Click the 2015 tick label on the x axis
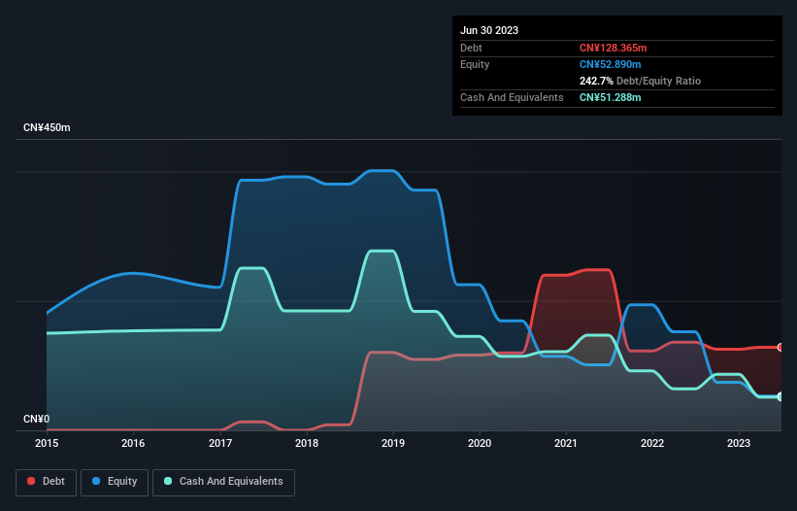pyautogui.click(x=47, y=443)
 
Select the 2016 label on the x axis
pyautogui.click(x=133, y=443)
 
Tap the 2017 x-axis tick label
pyautogui.click(x=220, y=443)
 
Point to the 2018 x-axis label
pyautogui.click(x=307, y=443)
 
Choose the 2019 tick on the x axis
pyautogui.click(x=393, y=443)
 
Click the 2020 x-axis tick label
pyautogui.click(x=480, y=443)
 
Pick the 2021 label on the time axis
pyautogui.click(x=567, y=443)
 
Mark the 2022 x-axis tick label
pyautogui.click(x=653, y=443)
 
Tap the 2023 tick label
pyautogui.click(x=740, y=443)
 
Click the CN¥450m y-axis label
pyautogui.click(x=47, y=128)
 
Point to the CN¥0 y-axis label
pyautogui.click(x=36, y=420)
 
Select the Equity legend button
pyautogui.click(x=115, y=482)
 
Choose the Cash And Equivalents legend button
pyautogui.click(x=223, y=482)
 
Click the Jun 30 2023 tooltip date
pyautogui.click(x=489, y=30)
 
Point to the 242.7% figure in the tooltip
pyautogui.click(x=596, y=81)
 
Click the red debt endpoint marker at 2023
pyautogui.click(x=780, y=347)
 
